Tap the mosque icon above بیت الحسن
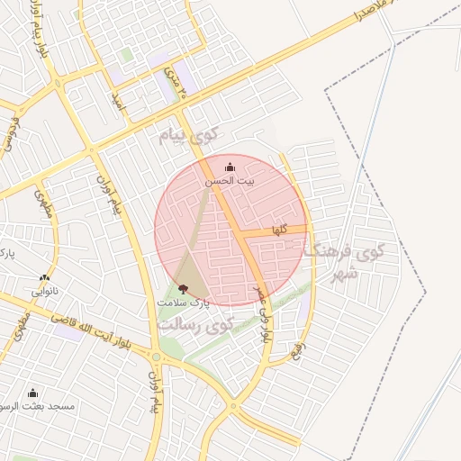pos(229,167)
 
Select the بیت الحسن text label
pos(229,181)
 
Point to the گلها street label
pos(280,230)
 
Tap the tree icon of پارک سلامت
pos(184,289)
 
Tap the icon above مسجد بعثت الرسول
pos(33,393)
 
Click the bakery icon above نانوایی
pos(44,277)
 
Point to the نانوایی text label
pos(46,292)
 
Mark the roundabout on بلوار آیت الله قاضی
pos(156,357)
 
